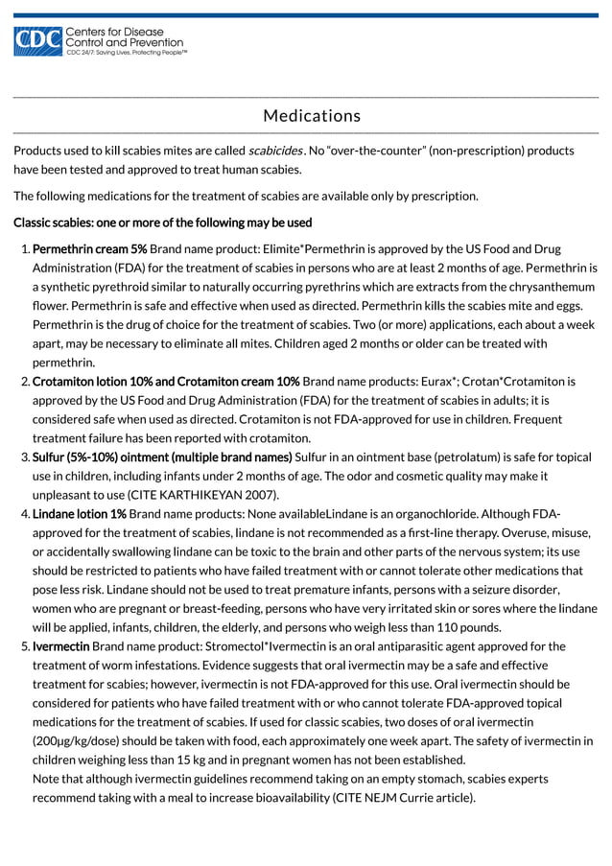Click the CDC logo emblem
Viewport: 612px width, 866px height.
coord(36,42)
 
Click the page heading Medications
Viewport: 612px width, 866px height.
coord(312,116)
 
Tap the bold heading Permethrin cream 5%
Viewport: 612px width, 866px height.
coord(89,248)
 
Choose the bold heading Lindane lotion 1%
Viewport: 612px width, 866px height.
coord(80,513)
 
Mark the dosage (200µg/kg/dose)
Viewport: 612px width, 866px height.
coord(81,740)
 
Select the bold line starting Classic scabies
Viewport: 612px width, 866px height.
coord(162,222)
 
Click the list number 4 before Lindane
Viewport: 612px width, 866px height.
coord(24,513)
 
